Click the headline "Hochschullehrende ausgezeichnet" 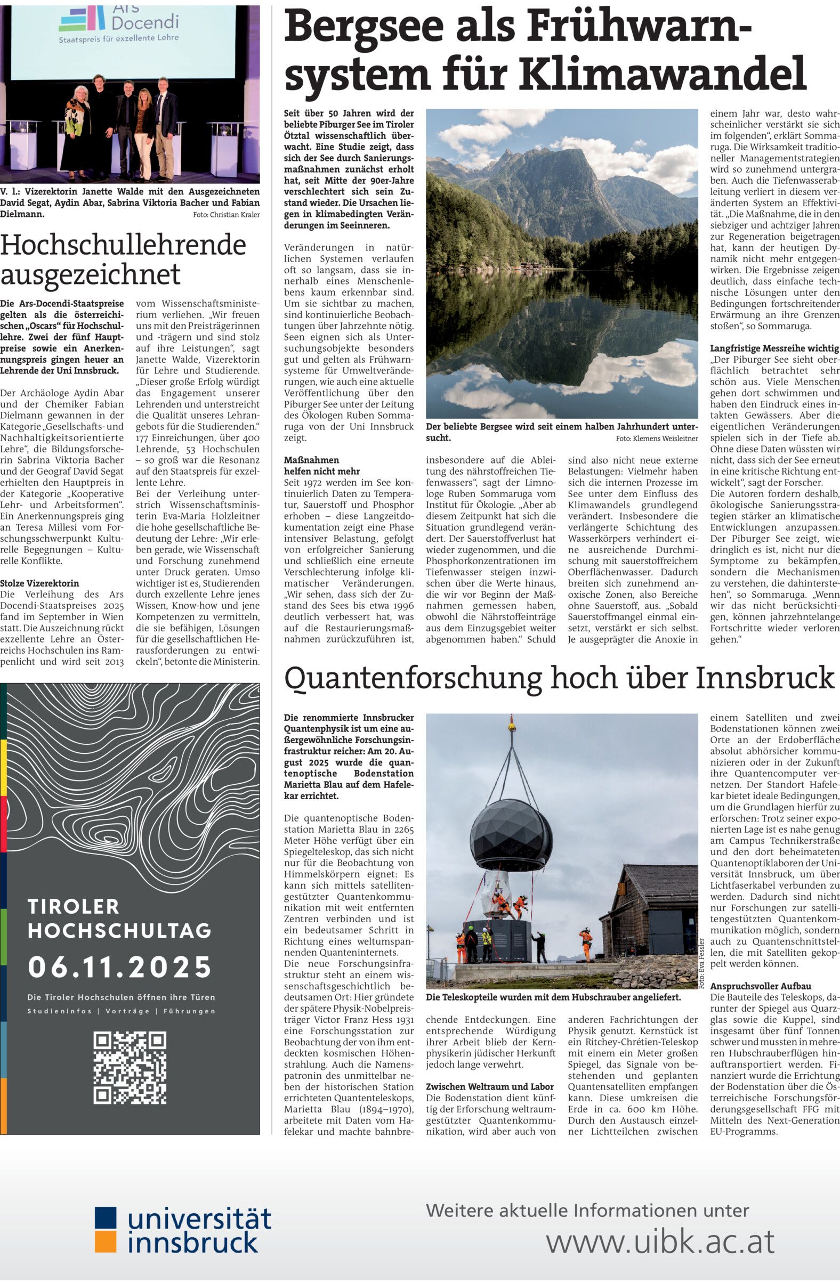click(x=123, y=259)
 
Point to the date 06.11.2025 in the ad click(x=120, y=967)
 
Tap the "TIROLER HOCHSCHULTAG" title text click(x=119, y=918)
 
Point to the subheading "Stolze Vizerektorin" click(x=39, y=583)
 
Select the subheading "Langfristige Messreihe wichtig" click(x=774, y=348)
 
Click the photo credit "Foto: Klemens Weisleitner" click(x=657, y=438)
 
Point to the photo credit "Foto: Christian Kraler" click(x=226, y=215)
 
